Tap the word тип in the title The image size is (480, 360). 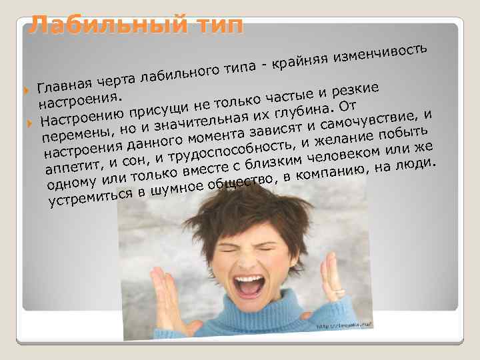pos(213,25)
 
